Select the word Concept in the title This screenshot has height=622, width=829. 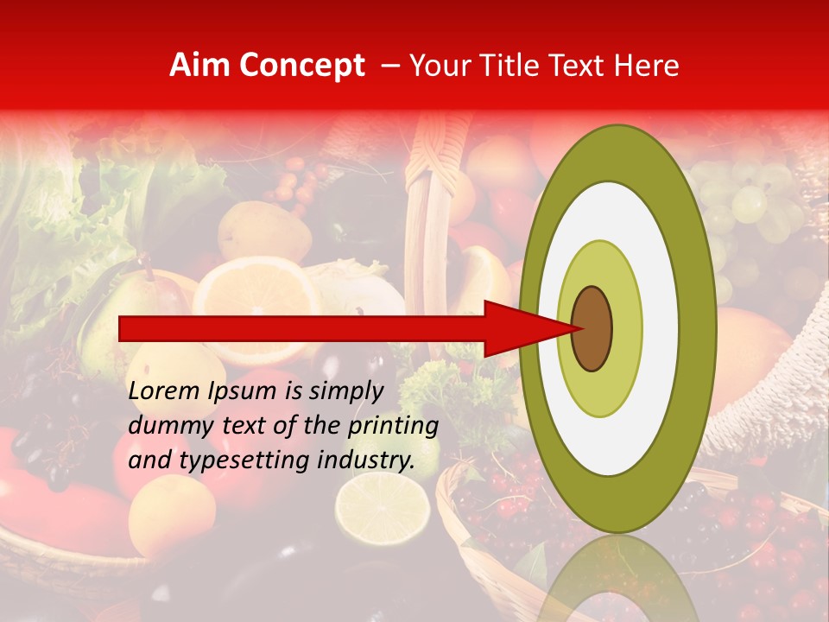[301, 66]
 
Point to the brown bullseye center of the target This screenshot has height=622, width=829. [592, 328]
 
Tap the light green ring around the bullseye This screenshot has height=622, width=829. [625, 328]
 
